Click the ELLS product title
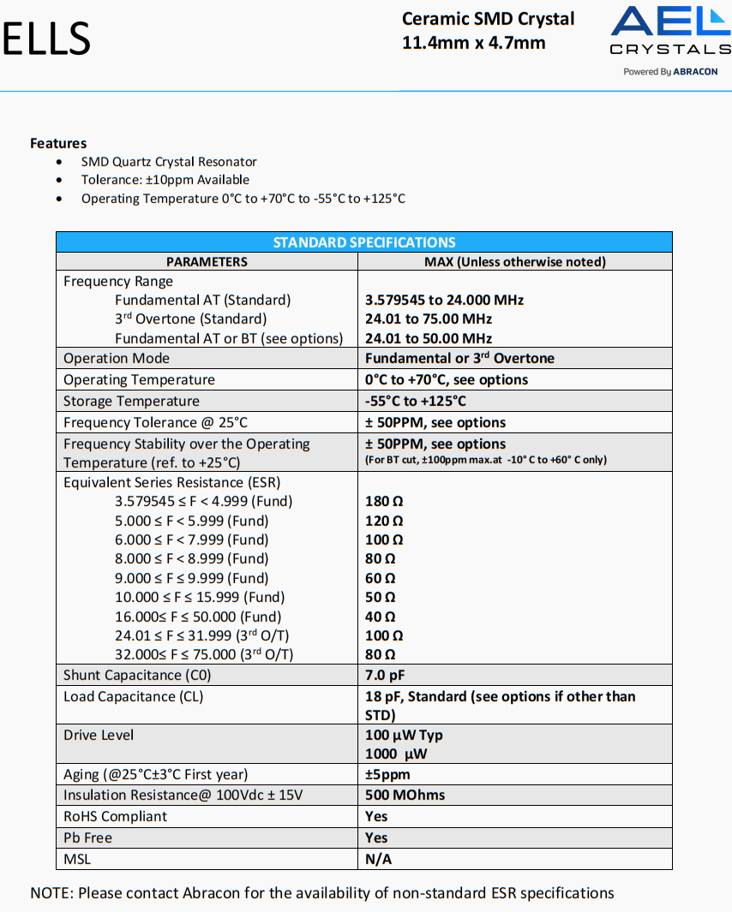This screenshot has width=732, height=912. [x=47, y=39]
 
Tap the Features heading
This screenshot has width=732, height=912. [x=58, y=143]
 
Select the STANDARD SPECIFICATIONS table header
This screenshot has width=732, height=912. [x=364, y=242]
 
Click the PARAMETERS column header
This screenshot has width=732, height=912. [x=207, y=262]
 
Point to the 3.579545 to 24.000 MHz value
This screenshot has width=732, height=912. [x=444, y=300]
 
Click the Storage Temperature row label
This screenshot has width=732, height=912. [x=131, y=401]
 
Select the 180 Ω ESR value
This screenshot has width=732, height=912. [x=384, y=501]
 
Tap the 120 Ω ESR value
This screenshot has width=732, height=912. [x=384, y=521]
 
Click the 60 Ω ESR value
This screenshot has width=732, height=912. [x=380, y=578]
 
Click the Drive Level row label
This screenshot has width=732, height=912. [x=99, y=735]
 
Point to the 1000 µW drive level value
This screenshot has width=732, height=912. [x=395, y=754]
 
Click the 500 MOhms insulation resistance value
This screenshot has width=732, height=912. [x=405, y=795]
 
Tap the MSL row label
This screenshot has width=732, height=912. [x=77, y=859]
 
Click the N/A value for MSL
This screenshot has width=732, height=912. [x=379, y=859]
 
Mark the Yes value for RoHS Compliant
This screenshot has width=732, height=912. [x=376, y=816]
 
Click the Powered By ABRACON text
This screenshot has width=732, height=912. [x=670, y=72]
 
